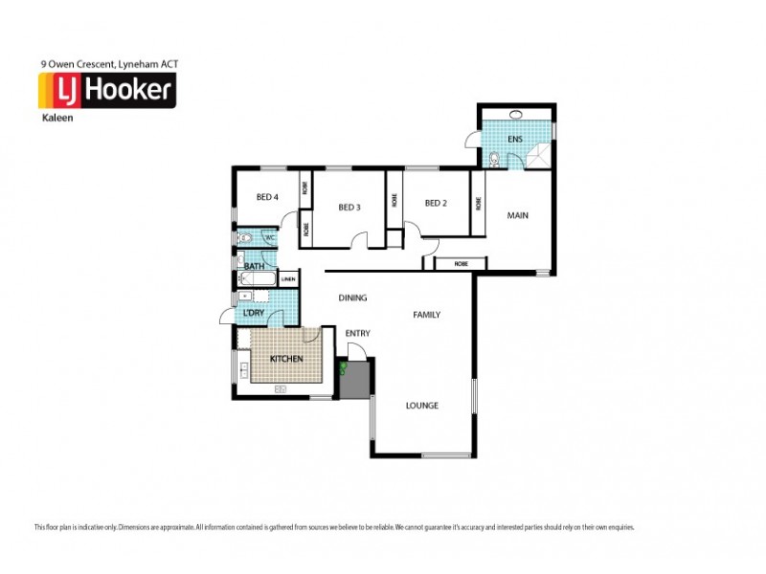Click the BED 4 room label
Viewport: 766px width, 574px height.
pos(267,197)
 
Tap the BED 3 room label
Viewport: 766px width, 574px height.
pos(349,207)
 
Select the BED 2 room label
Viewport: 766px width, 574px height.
pos(436,203)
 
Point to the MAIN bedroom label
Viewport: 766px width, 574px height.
pos(518,215)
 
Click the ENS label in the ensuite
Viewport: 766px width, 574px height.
pos(515,140)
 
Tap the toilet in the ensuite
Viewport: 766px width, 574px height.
pos(493,159)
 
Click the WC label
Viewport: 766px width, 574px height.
pos(270,237)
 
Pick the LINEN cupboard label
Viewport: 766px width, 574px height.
pos(288,279)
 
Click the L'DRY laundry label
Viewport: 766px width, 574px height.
pos(254,313)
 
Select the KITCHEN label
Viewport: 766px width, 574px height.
pos(286,359)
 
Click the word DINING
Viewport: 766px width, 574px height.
pos(352,298)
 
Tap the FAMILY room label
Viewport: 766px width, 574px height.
pos(427,314)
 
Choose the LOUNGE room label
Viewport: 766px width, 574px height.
pos(421,406)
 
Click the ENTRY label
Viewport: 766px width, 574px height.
pos(358,333)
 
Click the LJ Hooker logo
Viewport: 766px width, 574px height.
pos(105,92)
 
